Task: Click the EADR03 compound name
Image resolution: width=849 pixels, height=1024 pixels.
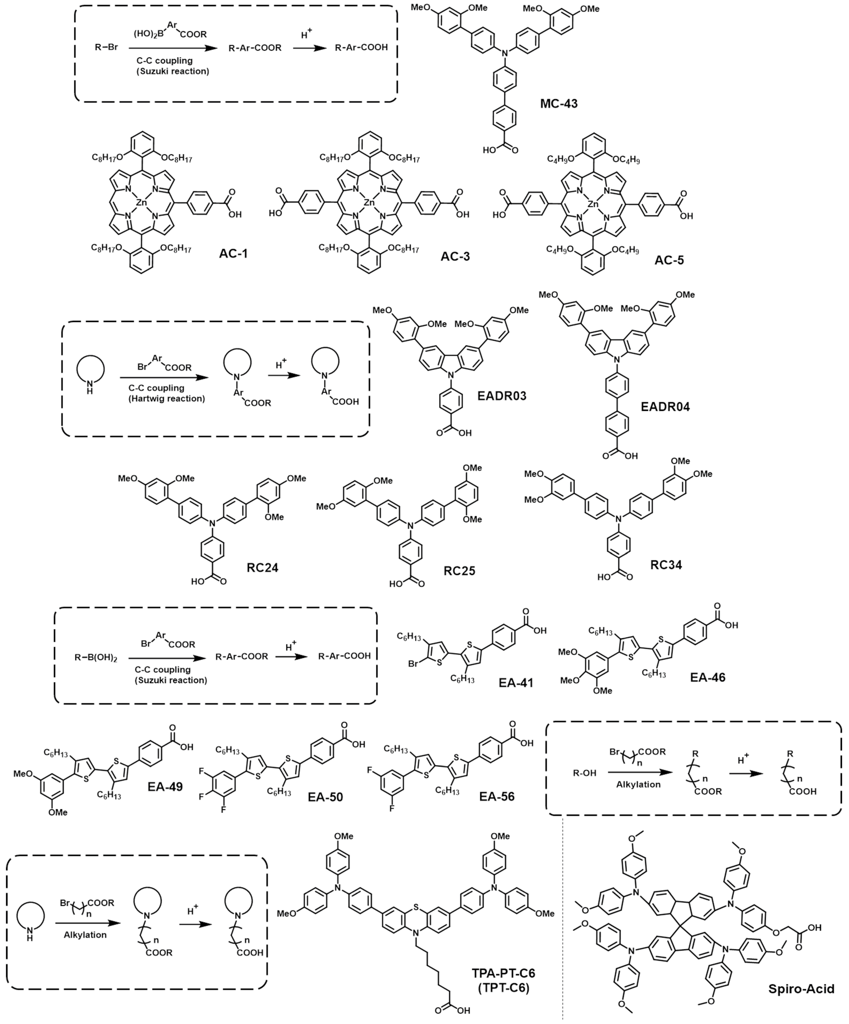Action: (x=502, y=395)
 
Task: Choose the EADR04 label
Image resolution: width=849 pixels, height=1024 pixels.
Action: (x=665, y=407)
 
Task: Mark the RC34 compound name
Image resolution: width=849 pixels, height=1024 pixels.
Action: (x=666, y=565)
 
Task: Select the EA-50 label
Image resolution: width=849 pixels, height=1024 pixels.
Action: (x=325, y=797)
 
